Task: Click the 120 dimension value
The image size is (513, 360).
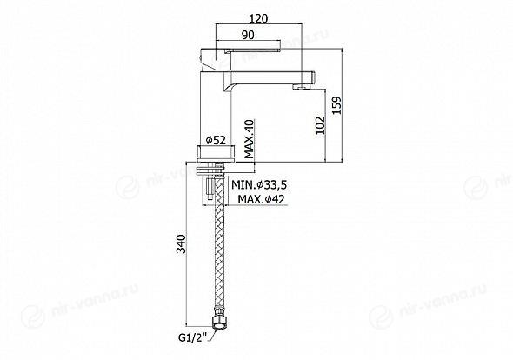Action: click(258, 18)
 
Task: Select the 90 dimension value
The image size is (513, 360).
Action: click(249, 35)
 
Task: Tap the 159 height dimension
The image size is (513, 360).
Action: click(336, 105)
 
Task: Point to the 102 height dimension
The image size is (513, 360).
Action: click(320, 125)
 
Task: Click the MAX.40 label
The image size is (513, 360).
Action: click(250, 139)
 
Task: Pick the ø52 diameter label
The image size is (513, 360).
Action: click(216, 140)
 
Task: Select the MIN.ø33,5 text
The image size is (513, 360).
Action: click(259, 185)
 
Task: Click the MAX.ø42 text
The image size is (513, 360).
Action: click(261, 199)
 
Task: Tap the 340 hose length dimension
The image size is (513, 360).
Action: click(181, 243)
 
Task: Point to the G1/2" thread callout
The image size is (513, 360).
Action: click(192, 337)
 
